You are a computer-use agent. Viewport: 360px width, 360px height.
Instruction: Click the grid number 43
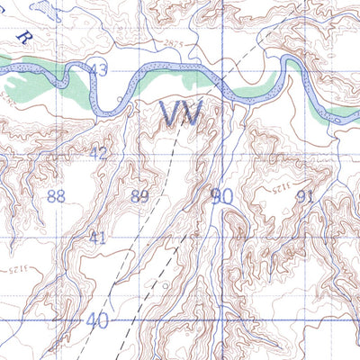point(98,70)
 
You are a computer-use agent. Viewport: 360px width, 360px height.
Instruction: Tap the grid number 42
point(99,153)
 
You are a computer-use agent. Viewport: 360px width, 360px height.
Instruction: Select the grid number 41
point(98,237)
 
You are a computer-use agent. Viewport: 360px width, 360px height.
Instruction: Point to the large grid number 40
point(97,320)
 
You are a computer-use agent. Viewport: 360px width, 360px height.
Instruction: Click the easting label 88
point(56,196)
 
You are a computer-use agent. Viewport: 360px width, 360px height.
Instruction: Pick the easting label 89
point(139,196)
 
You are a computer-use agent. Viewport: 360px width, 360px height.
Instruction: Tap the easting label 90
point(221,194)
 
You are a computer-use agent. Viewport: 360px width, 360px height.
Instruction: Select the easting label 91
point(304,196)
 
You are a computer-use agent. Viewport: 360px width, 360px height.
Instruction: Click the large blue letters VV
point(180,113)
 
